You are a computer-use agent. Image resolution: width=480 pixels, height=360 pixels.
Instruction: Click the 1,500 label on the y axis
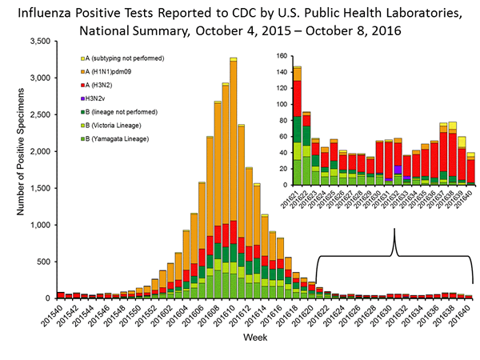pos(37,187)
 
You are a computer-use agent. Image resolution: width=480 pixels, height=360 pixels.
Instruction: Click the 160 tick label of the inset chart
pos(280,56)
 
